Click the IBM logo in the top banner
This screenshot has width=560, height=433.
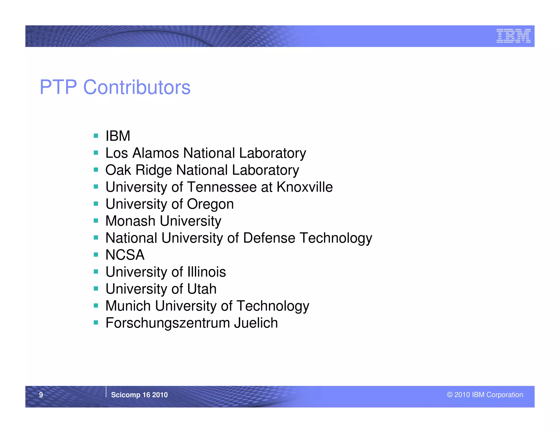(x=513, y=36)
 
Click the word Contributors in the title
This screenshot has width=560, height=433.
(x=137, y=87)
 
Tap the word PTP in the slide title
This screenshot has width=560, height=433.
(x=58, y=87)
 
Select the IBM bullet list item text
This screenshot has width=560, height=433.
(x=118, y=136)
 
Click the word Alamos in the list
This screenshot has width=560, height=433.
(x=156, y=153)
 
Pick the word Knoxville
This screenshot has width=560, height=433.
(x=305, y=187)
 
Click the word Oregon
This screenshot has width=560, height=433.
(x=210, y=204)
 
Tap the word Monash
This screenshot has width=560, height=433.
(x=130, y=221)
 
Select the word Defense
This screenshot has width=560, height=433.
(x=269, y=238)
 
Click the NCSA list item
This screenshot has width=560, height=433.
(x=125, y=255)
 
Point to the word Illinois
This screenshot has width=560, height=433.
(x=206, y=272)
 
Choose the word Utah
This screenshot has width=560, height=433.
(x=202, y=289)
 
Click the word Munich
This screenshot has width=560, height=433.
(x=128, y=306)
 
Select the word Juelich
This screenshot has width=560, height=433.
(x=256, y=323)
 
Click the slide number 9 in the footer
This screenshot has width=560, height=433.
(x=41, y=395)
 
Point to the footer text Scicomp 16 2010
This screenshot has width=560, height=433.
(x=139, y=395)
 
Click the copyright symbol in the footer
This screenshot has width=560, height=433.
(x=450, y=395)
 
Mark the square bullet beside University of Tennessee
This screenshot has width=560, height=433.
(x=96, y=187)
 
